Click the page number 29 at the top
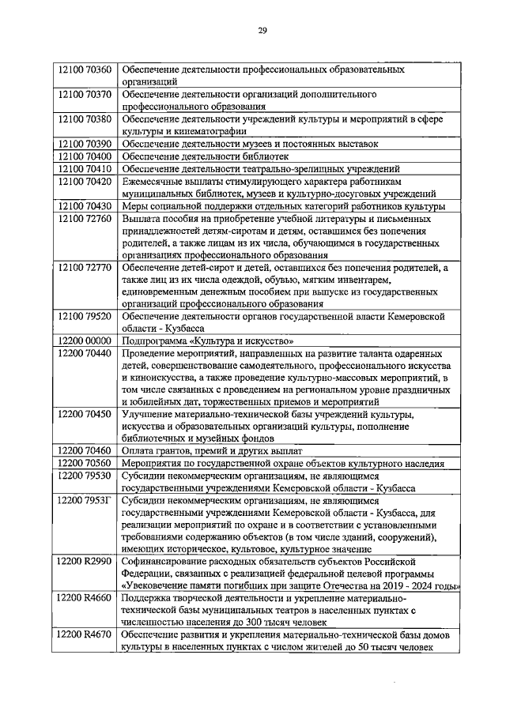click(262, 31)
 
